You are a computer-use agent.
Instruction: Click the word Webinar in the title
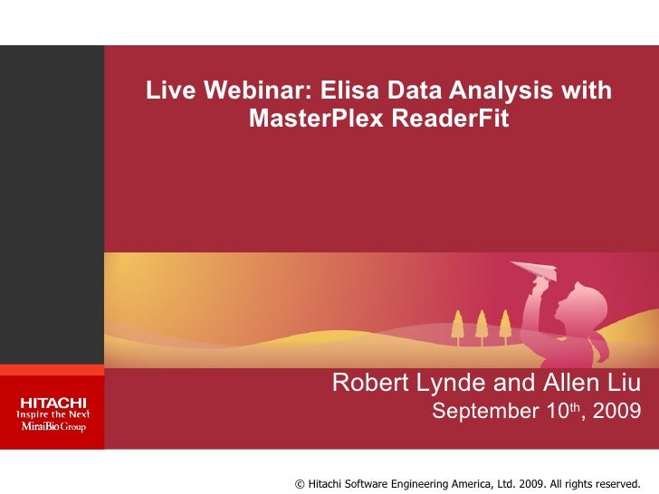256,91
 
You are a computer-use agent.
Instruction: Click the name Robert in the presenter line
367,383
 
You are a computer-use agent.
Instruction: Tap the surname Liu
623,383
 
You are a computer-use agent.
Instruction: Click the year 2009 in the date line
617,412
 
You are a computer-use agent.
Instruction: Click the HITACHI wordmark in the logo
53,402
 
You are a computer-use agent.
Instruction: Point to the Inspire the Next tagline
53,413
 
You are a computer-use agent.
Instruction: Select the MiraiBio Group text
53,426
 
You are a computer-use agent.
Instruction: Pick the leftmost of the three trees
457,321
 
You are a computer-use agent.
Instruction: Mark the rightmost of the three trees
505,321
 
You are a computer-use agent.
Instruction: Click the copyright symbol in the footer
301,483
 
